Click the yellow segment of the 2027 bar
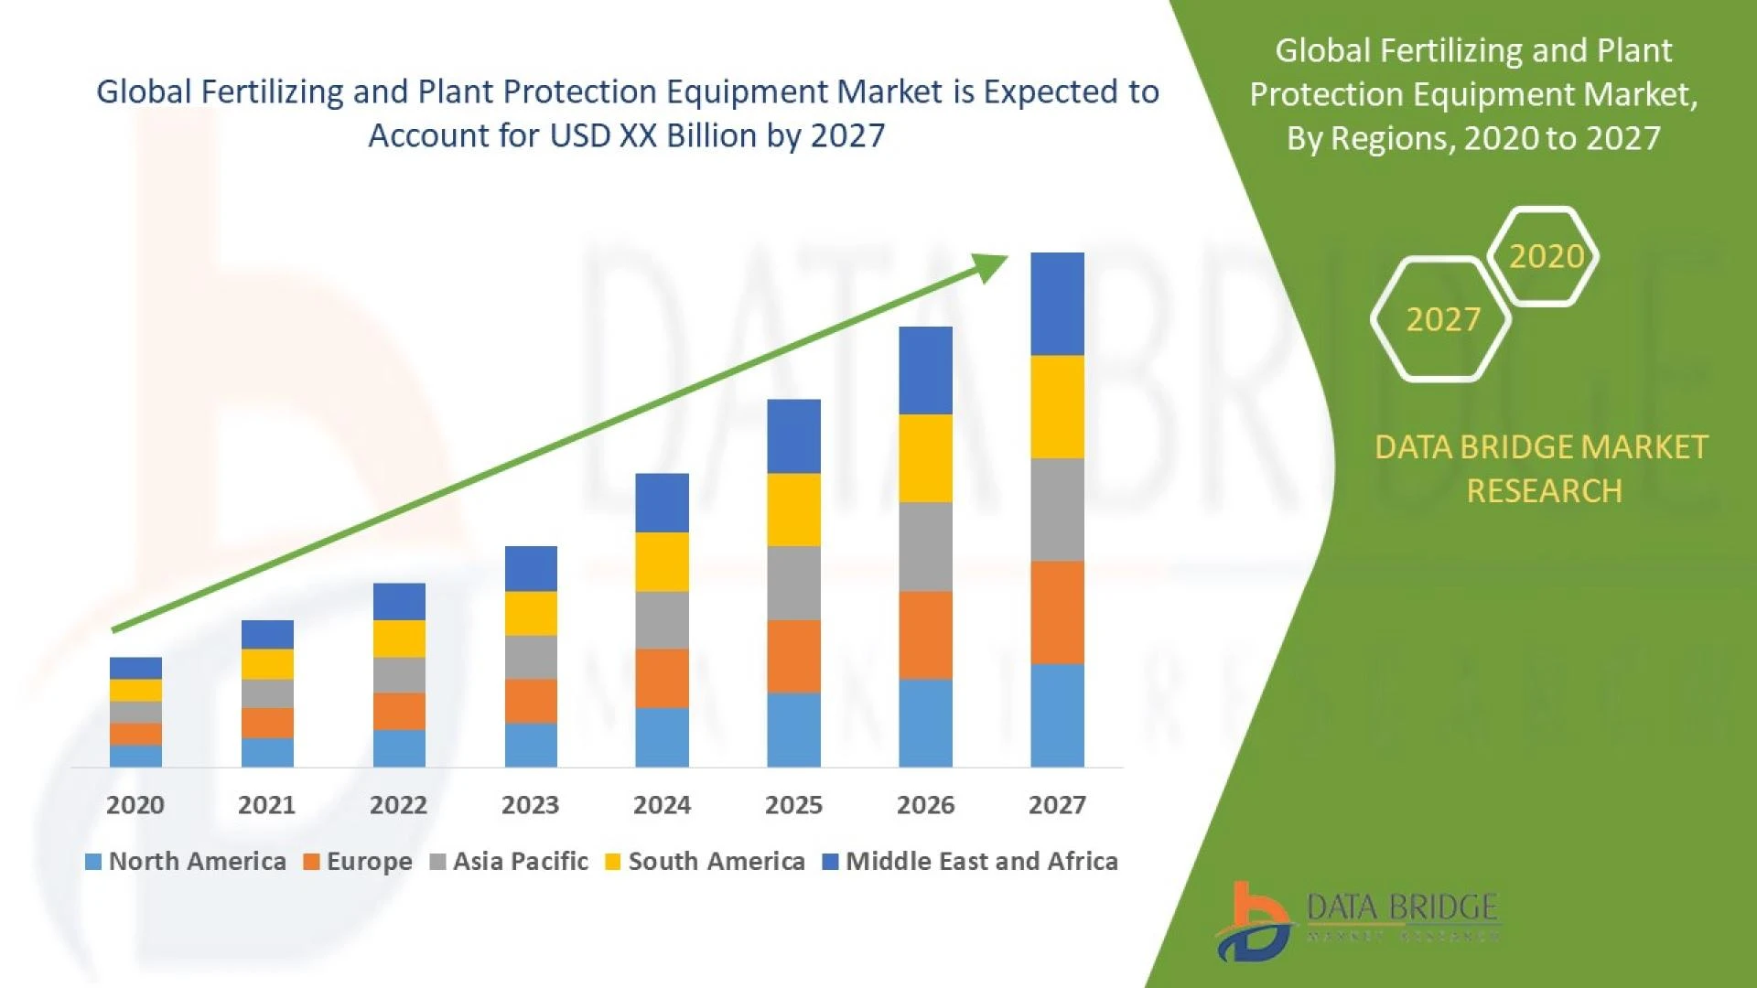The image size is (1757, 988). coord(1057,407)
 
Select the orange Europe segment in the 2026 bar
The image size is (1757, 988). coord(925,635)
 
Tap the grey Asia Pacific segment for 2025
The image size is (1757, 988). coord(793,583)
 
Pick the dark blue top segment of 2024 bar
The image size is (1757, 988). coord(662,502)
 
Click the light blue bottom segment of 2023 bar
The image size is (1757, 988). coord(531,745)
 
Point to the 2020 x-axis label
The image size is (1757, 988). coord(135,805)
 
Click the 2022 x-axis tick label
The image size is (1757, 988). coord(398,805)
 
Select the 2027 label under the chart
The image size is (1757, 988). coord(1057,805)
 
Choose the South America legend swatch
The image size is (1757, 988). coord(613,862)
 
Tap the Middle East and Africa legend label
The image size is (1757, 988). coord(981,862)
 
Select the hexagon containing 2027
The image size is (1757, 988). coord(1442,319)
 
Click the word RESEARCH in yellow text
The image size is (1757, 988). coord(1544,491)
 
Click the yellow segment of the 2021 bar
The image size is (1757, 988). coord(267,664)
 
